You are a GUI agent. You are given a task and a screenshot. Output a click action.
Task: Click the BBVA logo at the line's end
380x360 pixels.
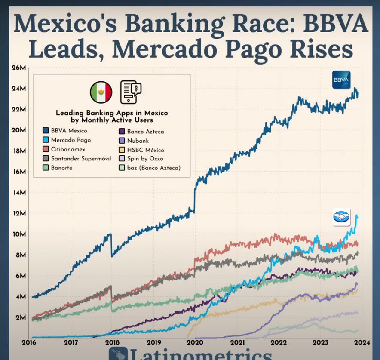click(x=341, y=80)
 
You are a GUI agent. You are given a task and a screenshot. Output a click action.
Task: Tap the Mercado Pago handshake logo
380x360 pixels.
click(x=341, y=217)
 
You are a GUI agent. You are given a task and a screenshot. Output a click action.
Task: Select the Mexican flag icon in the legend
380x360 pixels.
click(x=101, y=92)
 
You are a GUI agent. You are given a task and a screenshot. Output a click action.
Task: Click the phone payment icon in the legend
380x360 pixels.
click(x=131, y=92)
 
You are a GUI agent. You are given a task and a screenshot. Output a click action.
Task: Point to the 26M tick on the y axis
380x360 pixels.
click(x=19, y=68)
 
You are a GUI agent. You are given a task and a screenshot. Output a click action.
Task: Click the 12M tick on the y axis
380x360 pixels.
click(x=19, y=214)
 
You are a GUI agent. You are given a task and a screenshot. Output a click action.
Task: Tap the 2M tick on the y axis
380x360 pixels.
click(x=20, y=318)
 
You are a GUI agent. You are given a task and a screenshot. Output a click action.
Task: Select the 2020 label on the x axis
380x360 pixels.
click(x=195, y=343)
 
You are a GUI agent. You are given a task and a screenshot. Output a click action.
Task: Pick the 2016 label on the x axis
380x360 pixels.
click(x=28, y=343)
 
